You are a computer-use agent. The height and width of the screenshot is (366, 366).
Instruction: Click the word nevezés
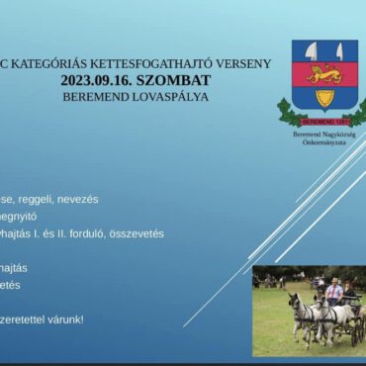click(80, 199)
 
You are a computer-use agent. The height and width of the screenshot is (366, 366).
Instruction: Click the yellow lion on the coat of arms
click(324, 74)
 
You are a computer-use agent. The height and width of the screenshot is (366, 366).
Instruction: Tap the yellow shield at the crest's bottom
click(324, 97)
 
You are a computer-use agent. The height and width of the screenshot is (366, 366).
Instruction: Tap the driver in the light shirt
click(334, 292)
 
